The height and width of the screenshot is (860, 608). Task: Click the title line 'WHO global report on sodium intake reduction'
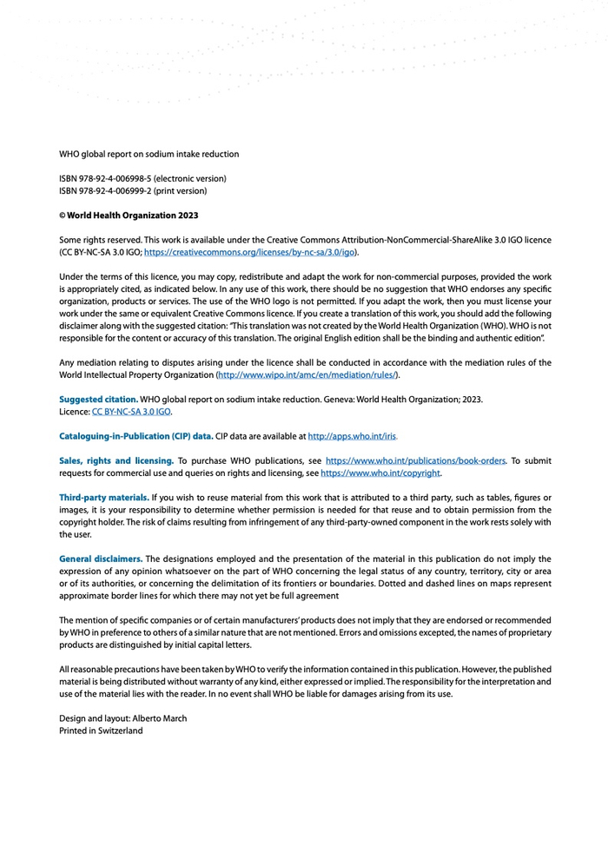[x=149, y=155]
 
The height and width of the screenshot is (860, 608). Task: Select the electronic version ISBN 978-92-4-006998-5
[x=142, y=179]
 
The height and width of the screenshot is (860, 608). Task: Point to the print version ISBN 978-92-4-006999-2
[x=133, y=191]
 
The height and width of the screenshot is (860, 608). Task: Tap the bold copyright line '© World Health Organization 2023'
[x=129, y=215]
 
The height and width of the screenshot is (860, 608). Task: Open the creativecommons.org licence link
[x=249, y=252]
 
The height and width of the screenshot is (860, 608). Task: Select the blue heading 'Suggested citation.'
[x=98, y=400]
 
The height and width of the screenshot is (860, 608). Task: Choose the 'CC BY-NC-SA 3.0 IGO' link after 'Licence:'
[x=131, y=412]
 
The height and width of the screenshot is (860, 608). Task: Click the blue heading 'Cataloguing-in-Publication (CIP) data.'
[x=135, y=436]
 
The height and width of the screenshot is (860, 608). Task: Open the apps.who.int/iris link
[x=353, y=436]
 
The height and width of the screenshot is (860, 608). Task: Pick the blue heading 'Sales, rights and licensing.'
[x=116, y=460]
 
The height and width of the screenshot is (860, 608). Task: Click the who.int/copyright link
[x=380, y=473]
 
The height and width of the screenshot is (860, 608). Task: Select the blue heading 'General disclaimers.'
[x=101, y=559]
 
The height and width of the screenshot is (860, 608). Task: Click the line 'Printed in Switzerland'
[x=101, y=731]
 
